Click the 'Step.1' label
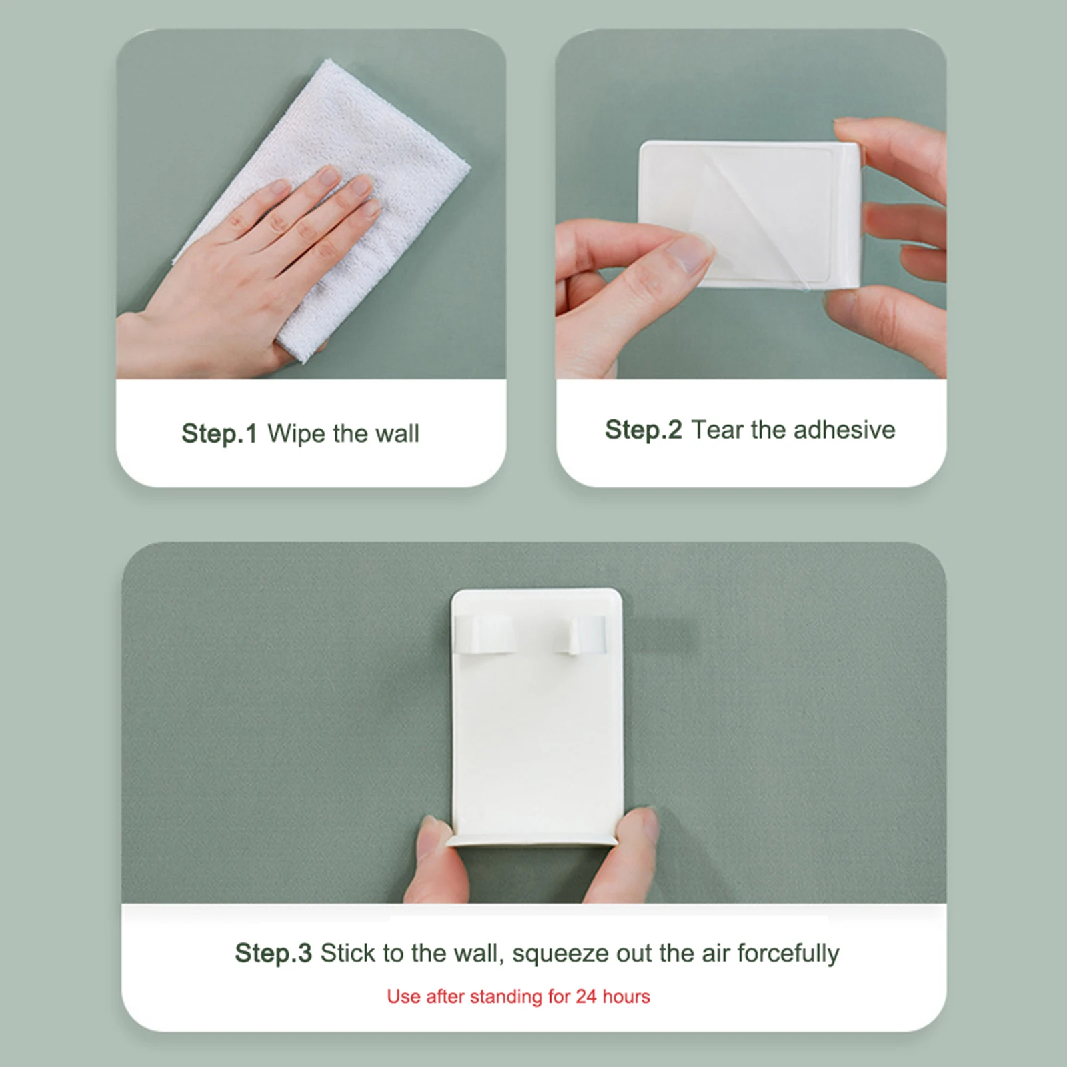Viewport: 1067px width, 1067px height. coord(219,433)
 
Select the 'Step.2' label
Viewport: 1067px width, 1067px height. coord(644,430)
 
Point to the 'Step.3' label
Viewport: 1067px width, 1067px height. coord(273,954)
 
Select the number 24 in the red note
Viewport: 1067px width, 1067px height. coord(586,996)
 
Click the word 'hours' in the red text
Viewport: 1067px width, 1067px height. coord(626,996)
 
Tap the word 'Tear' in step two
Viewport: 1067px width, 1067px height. coord(717,430)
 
